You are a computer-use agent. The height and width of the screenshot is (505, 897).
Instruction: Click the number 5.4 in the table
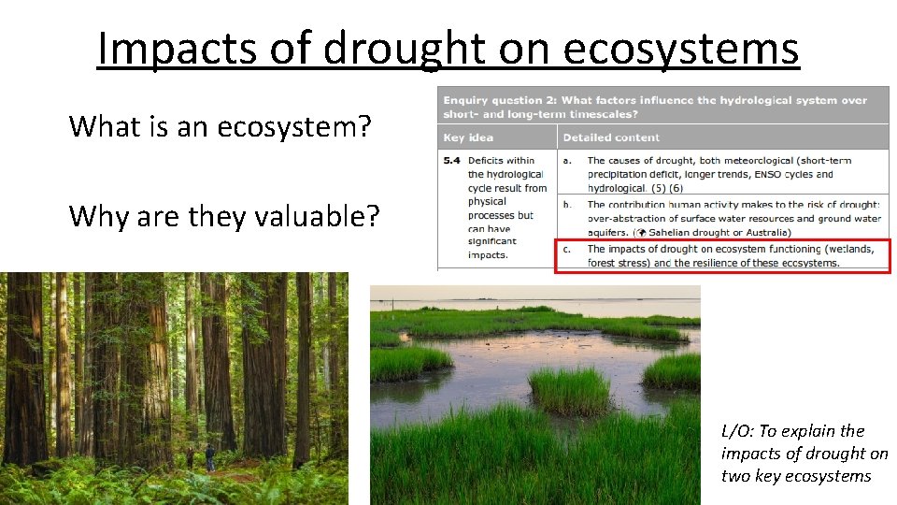pos(451,161)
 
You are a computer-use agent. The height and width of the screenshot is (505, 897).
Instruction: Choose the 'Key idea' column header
pos(466,137)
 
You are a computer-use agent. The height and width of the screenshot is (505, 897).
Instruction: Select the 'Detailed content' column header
pos(611,137)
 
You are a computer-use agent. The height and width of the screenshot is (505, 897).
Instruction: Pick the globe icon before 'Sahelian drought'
pos(642,233)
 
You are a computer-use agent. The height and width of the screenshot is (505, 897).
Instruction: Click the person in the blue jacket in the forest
pos(210,456)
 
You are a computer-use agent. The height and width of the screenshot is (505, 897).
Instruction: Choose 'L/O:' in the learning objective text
pos(737,431)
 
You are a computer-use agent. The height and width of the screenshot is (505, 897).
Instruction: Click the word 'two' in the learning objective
pos(734,476)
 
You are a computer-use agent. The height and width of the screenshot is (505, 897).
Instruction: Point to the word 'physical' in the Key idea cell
pos(487,201)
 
